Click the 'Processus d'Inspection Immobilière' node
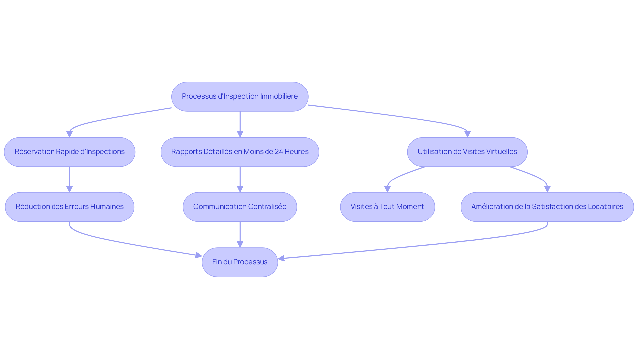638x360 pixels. coord(240,96)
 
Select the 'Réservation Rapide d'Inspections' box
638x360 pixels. coord(69,152)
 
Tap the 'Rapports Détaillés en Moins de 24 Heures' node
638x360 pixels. coord(240,152)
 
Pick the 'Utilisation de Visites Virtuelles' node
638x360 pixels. coord(467,152)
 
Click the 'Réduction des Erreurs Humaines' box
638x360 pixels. coord(69,207)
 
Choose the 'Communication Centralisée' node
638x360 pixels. coord(240,207)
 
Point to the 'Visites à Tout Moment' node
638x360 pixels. coord(387,207)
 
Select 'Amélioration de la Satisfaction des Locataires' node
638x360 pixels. coord(547,207)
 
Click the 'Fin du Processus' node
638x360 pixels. coord(240,262)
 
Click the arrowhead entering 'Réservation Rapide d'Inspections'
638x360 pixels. coord(69,134)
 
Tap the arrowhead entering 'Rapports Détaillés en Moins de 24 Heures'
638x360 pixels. coord(240,134)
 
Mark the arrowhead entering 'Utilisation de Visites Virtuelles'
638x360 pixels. coord(467,134)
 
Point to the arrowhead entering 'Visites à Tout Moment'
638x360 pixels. coord(387,189)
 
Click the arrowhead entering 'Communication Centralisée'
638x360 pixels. coord(240,189)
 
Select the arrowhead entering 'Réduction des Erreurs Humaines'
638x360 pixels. coord(69,189)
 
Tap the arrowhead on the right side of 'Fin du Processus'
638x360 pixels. coord(281,258)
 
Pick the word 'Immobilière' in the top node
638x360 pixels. coord(279,96)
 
